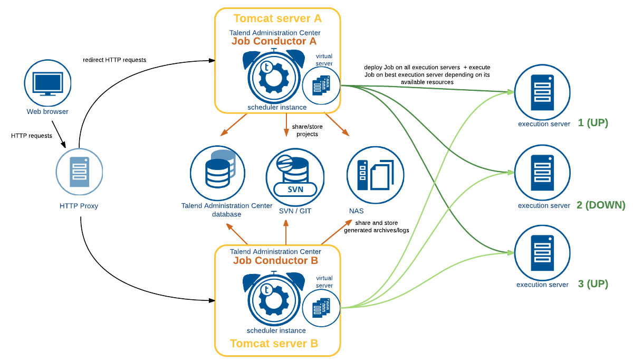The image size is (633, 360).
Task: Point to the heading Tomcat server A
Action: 277,18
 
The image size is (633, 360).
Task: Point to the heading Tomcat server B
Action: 274,344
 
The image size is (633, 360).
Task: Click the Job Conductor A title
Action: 274,41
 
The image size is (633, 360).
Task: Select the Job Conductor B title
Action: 275,260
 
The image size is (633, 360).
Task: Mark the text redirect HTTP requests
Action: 114,60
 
